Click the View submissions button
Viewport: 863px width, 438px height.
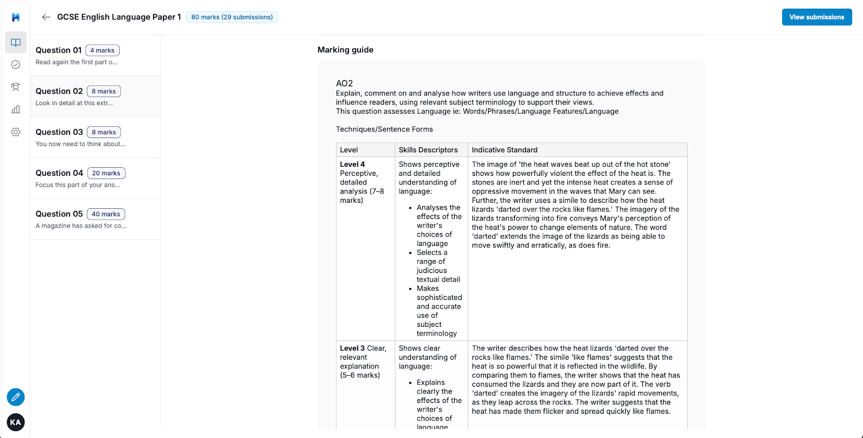(x=817, y=17)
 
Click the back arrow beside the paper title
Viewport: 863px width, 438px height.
(x=46, y=17)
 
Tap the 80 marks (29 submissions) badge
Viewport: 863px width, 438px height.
(x=232, y=17)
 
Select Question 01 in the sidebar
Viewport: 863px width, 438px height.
(x=59, y=50)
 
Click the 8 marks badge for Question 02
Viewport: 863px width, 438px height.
(x=104, y=91)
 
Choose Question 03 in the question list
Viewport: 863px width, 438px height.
(x=59, y=132)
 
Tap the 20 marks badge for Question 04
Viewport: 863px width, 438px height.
(x=106, y=173)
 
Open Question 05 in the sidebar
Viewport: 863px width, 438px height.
(x=59, y=214)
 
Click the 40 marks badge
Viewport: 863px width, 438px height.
(x=106, y=214)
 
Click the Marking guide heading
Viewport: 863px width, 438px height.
(x=345, y=50)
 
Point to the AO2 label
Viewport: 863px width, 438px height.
(x=344, y=84)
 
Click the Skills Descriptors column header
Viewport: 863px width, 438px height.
(x=428, y=150)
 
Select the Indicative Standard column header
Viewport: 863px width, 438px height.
(x=504, y=150)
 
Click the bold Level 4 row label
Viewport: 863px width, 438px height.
(x=352, y=165)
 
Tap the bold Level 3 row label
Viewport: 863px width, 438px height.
(x=352, y=348)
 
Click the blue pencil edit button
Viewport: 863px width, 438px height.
(x=16, y=397)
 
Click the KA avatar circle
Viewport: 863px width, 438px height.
(x=16, y=422)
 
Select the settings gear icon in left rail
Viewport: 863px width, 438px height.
(x=16, y=132)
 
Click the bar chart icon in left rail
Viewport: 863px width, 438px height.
(x=16, y=109)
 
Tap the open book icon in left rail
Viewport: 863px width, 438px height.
(x=16, y=43)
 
